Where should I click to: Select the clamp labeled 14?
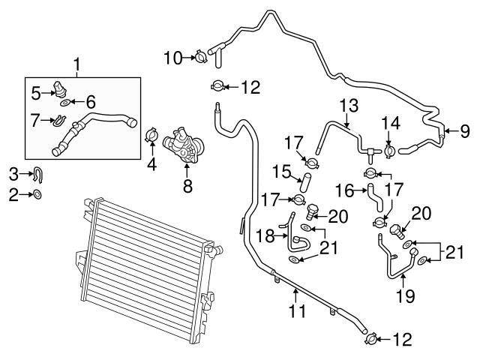coord(391,151)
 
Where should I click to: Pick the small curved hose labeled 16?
coord(374,199)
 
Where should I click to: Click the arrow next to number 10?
coord(187,55)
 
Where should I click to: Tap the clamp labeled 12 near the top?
coord(217,86)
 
